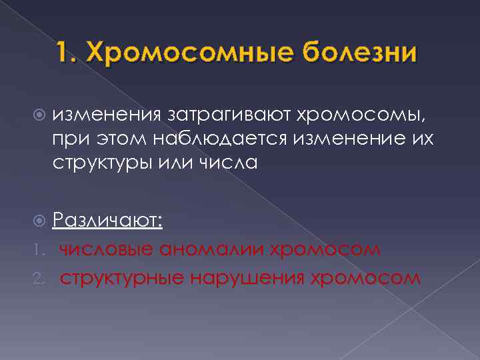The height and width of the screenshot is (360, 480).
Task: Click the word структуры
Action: [103, 162]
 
